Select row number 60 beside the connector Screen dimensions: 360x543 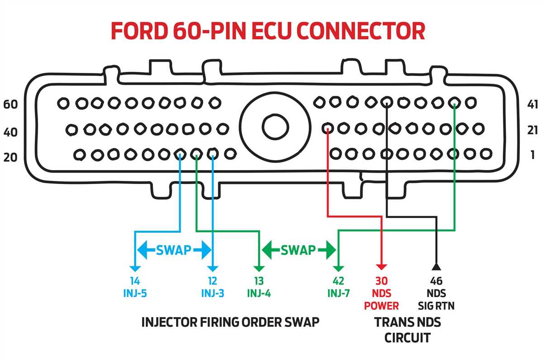(10, 104)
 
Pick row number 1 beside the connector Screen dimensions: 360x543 (532, 155)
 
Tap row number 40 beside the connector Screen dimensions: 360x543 (10, 132)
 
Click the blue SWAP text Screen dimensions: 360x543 (174, 250)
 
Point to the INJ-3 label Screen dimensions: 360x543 (213, 293)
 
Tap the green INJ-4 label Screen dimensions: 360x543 (259, 293)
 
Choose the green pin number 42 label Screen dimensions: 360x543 (338, 280)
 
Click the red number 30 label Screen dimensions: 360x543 (381, 280)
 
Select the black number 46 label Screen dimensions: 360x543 (436, 280)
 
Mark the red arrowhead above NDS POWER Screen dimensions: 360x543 (382, 267)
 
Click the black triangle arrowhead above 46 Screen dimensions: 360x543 (436, 265)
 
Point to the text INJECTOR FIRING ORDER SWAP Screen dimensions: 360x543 (231, 322)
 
